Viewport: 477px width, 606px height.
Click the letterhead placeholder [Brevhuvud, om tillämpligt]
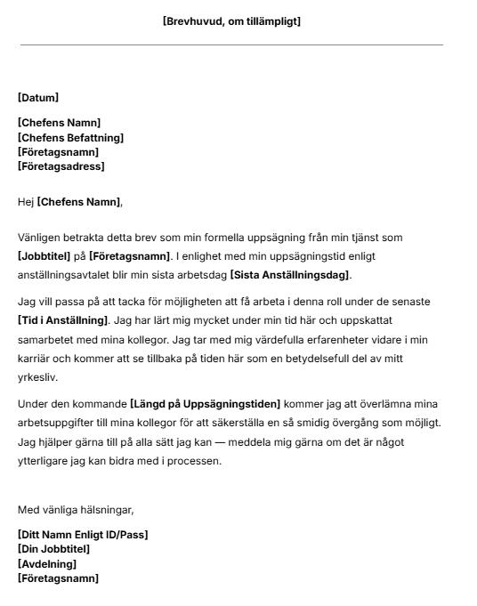coord(231,21)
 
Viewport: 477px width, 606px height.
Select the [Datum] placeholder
coord(38,98)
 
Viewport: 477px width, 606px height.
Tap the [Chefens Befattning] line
coord(70,138)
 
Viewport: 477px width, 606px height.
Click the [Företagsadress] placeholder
coord(61,166)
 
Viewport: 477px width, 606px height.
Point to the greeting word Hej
coord(26,203)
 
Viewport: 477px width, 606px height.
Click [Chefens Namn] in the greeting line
coord(78,203)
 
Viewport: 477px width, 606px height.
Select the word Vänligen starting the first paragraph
coord(41,238)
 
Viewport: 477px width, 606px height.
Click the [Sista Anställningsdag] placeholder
coord(290,274)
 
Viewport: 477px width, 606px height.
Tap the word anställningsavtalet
coord(71,274)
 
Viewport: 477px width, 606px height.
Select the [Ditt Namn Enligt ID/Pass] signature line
coord(83,535)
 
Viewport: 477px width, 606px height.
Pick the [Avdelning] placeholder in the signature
coord(47,563)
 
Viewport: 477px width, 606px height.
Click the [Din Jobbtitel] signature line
coord(53,549)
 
